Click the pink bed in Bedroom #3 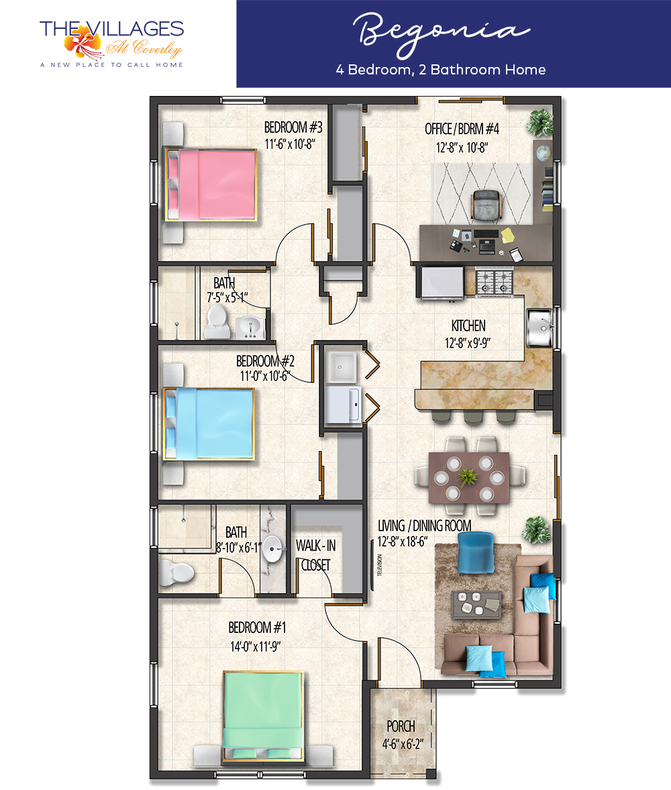[211, 185]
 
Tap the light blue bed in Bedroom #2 [208, 424]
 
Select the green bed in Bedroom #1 [262, 716]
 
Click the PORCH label [401, 726]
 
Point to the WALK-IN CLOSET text [315, 555]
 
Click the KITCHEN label [468, 325]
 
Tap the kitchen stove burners [494, 282]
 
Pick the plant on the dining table [468, 476]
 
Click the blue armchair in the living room [475, 553]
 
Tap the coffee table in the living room [476, 604]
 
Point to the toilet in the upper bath [217, 321]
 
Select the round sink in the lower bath [272, 549]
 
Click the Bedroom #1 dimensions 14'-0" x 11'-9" [256, 646]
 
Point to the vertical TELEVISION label [380, 565]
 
